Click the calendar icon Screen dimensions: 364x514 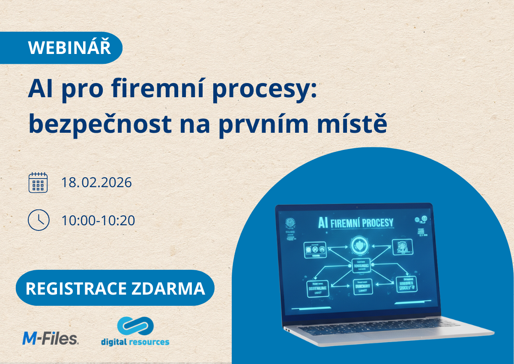click(38, 182)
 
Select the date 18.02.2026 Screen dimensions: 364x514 click(96, 182)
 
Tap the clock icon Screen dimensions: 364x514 click(38, 220)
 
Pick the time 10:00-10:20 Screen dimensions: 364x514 click(98, 220)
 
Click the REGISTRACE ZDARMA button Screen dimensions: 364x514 click(115, 288)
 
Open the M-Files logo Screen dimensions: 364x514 click(50, 338)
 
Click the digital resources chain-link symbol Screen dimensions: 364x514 click(135, 326)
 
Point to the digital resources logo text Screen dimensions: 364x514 click(135, 342)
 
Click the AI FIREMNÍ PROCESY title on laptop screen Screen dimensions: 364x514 click(355, 223)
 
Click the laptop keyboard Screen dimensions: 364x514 click(381, 330)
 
